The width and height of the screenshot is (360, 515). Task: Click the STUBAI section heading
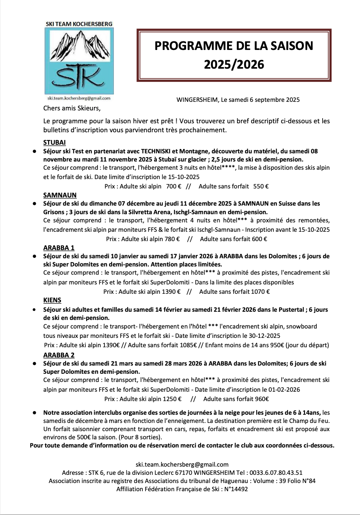pyautogui.click(x=54, y=142)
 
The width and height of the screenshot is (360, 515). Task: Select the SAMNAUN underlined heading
pyautogui.click(x=60, y=195)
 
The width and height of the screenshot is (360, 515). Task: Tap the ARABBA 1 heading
pyautogui.click(x=59, y=248)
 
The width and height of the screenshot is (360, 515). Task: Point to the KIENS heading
pyautogui.click(x=52, y=300)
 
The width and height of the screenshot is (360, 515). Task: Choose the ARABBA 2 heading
pyautogui.click(x=59, y=355)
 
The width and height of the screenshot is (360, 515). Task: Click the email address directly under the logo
pyautogui.click(x=79, y=99)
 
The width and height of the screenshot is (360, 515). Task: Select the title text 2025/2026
pyautogui.click(x=234, y=64)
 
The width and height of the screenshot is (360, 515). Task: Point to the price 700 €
pyautogui.click(x=174, y=186)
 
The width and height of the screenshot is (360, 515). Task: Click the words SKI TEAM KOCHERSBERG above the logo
pyautogui.click(x=79, y=24)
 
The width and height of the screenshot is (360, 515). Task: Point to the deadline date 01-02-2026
pyautogui.click(x=284, y=389)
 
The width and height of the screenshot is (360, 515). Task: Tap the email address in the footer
pyautogui.click(x=182, y=464)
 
